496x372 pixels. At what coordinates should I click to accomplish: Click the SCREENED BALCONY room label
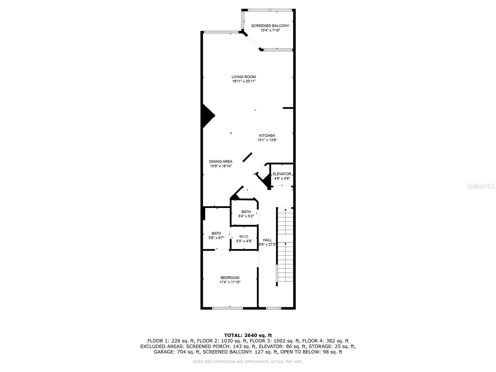270,26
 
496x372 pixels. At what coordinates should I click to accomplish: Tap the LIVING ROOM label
244,77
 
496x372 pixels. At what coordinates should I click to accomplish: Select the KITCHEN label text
267,135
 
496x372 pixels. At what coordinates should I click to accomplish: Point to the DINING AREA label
221,162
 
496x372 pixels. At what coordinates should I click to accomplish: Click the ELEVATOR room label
282,174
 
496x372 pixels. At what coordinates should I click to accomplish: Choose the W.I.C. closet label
244,237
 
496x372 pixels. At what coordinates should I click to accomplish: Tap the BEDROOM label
230,278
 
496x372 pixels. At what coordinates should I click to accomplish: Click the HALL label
267,240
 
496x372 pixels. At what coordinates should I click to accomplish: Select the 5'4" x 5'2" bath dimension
246,216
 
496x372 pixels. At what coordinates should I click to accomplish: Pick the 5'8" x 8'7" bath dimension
216,238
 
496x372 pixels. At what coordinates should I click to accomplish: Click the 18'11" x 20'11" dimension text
244,81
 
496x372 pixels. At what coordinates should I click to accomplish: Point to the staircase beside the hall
285,246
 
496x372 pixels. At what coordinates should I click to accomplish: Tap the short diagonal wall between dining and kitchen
247,157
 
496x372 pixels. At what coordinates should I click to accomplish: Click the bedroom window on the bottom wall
228,308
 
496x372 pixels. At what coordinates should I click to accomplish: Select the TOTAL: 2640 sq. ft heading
248,335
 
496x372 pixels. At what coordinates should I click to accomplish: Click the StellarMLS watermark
480,186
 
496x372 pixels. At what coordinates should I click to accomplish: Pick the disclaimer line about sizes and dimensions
248,362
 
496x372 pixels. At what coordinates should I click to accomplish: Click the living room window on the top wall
221,32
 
